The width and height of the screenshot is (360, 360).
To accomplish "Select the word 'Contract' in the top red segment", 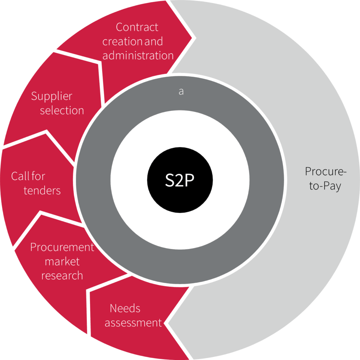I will (x=137, y=27).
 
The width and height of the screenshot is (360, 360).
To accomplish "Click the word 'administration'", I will (x=138, y=56).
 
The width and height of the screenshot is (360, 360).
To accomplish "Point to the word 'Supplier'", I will (x=52, y=96).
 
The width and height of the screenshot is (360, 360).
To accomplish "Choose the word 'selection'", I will (x=62, y=110).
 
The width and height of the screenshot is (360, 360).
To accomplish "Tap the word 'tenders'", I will (x=42, y=191).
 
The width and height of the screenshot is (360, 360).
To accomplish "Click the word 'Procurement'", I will (x=62, y=247).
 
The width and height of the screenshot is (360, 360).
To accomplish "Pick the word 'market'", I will (x=62, y=262).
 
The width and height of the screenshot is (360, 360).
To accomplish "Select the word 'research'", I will (x=62, y=276).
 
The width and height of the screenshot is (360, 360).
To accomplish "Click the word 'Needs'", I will (x=125, y=308).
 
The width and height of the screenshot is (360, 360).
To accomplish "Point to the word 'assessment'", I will (x=133, y=323).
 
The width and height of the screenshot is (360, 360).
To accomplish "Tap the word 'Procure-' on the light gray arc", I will (x=326, y=172).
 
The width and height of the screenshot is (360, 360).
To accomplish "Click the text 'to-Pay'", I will (x=325, y=186).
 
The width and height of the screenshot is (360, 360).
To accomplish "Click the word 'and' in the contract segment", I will (x=154, y=41).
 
